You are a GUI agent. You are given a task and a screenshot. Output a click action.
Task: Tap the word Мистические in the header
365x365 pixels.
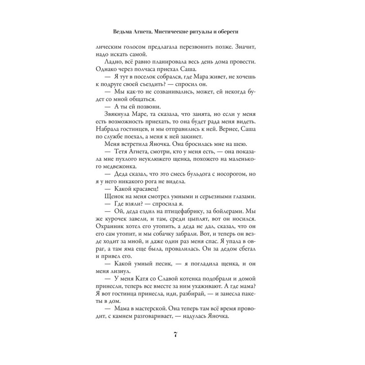coord(174,33)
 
